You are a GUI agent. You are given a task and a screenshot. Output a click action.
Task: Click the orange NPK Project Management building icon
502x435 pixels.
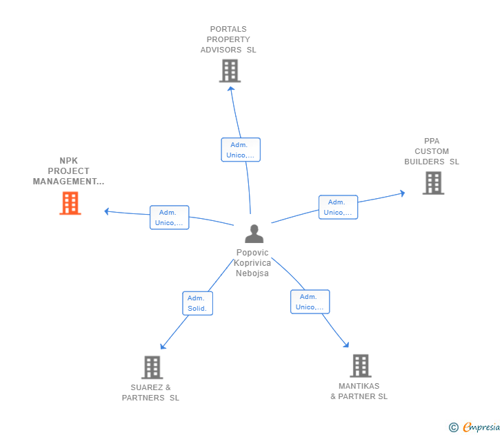click(70, 204)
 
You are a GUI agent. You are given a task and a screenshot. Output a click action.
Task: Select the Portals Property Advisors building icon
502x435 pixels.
click(230, 71)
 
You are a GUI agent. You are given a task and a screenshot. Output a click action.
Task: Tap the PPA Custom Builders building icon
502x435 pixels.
click(433, 183)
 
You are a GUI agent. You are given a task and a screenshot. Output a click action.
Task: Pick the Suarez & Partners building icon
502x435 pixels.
click(152, 367)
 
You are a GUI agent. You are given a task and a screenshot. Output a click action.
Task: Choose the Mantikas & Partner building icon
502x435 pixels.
click(360, 366)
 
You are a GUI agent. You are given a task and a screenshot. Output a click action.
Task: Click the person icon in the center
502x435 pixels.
click(254, 234)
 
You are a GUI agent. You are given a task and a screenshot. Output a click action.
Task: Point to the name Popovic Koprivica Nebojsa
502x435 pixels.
click(252, 262)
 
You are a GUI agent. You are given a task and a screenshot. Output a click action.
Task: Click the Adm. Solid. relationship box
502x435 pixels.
click(197, 303)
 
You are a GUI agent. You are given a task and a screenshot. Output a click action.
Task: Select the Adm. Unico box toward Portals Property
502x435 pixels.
click(241, 150)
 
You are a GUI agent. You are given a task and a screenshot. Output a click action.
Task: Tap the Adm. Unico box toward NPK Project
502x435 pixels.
click(169, 217)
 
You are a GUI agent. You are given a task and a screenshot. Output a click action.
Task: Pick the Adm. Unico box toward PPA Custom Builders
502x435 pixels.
click(338, 207)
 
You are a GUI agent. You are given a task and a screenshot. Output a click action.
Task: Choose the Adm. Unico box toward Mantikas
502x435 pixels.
click(310, 302)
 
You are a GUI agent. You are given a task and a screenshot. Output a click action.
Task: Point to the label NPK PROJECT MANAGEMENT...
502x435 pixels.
click(69, 171)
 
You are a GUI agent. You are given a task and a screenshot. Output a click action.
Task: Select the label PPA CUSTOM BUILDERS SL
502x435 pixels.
click(432, 151)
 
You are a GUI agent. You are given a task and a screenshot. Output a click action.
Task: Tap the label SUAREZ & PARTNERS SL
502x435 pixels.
click(150, 392)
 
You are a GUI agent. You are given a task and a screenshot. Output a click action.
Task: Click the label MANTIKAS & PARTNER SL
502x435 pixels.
click(359, 391)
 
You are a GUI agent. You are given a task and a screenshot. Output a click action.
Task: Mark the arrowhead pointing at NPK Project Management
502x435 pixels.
click(107, 211)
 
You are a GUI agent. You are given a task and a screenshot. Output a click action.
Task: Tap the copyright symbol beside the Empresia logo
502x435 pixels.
click(454, 427)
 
